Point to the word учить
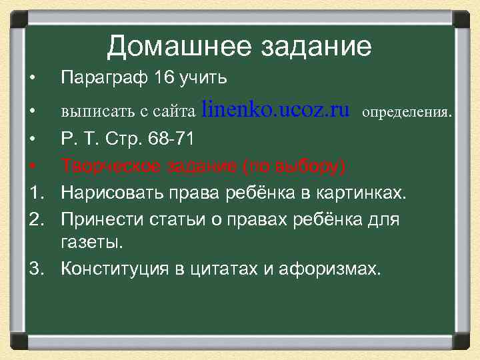click(x=205, y=79)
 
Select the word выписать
click(x=91, y=112)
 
